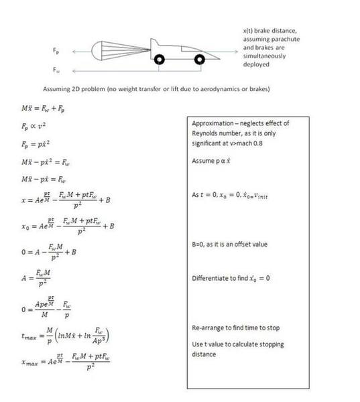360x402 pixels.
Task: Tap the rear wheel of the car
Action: coord(160,60)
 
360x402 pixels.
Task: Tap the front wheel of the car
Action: coord(199,60)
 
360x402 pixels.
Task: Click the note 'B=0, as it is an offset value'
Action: coord(229,244)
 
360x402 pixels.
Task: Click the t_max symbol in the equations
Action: coord(29,335)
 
